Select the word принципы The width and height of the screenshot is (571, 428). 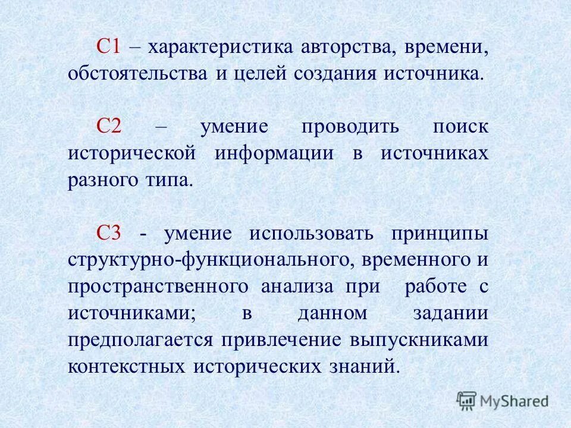(x=440, y=234)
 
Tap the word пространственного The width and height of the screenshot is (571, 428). (x=158, y=286)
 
